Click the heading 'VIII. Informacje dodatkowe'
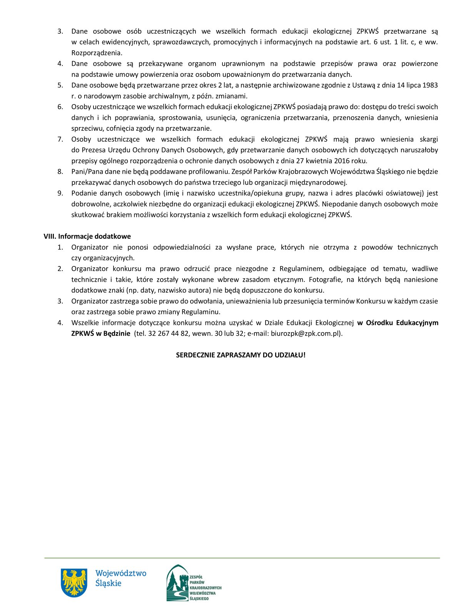point(87,236)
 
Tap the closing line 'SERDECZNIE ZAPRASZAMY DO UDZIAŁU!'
point(241,355)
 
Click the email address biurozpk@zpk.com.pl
point(306,333)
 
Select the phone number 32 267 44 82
point(168,333)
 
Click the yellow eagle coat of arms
point(74,582)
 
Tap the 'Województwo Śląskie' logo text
point(120,578)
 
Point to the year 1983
point(430,85)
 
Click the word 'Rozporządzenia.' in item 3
point(97,53)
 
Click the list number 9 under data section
point(60,193)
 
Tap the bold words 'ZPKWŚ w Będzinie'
point(101,333)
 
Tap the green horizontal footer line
point(242,558)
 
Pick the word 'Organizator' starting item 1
point(90,247)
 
